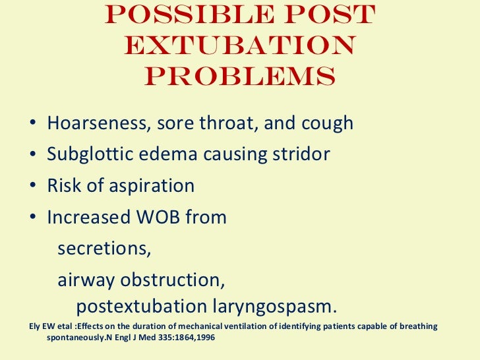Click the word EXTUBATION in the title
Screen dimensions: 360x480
[x=240, y=46]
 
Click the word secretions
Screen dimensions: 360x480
[x=104, y=249]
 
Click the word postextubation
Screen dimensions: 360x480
[x=141, y=307]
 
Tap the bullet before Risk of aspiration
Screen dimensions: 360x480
[x=33, y=187]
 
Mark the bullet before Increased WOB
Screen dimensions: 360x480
[x=33, y=218]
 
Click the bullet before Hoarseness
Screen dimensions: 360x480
[x=33, y=124]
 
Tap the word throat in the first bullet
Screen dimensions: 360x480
[x=229, y=123]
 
